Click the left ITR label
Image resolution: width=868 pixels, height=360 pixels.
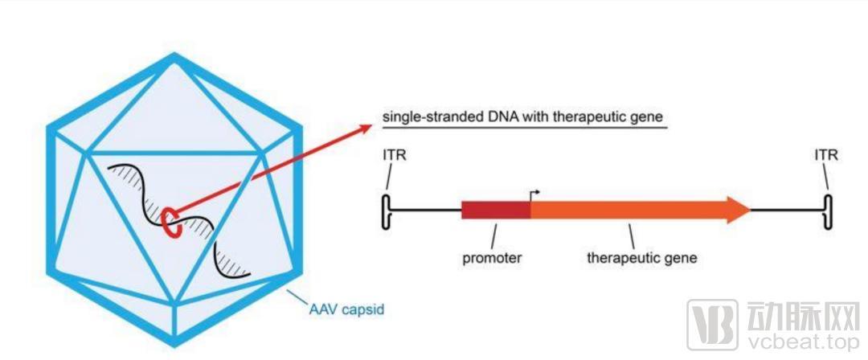click(x=395, y=156)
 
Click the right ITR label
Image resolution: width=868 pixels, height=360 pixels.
click(x=826, y=156)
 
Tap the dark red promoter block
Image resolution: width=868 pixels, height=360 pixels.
click(x=496, y=211)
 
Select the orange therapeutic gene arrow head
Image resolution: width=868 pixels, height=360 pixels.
click(x=739, y=211)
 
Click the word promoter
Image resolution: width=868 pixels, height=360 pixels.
click(x=493, y=258)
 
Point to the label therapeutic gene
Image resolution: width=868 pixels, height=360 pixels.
click(x=642, y=257)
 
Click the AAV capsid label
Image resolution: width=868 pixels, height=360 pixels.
click(x=346, y=309)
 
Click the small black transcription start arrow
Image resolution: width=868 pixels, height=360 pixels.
click(x=534, y=194)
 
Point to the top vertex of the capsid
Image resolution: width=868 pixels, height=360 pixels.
click(x=174, y=55)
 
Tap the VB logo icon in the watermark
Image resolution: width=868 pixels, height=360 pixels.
click(x=712, y=325)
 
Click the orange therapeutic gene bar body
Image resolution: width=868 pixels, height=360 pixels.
click(x=628, y=211)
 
